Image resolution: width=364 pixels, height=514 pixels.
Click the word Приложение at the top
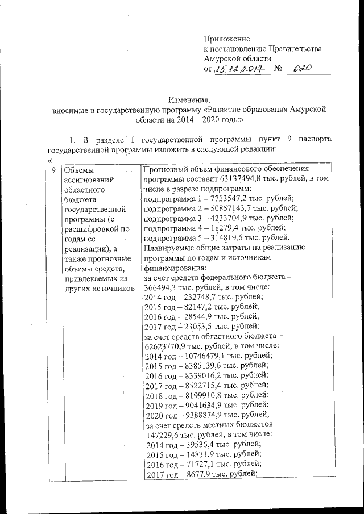pos(227,39)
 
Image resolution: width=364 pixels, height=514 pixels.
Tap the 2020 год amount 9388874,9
pos(204,415)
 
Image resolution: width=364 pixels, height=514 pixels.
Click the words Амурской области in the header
pos(237,58)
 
